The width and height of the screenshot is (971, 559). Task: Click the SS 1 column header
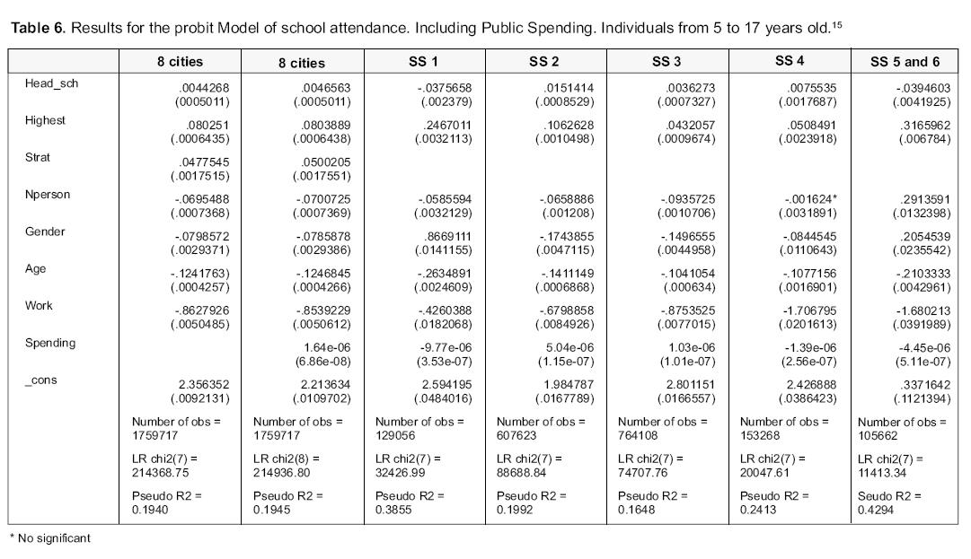click(424, 62)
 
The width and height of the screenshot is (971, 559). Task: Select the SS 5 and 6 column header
click(905, 62)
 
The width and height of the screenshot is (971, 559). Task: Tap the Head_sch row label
click(46, 83)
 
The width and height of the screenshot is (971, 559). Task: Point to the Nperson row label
click(48, 195)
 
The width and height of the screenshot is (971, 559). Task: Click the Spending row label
click(50, 343)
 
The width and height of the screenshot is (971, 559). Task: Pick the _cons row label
click(41, 380)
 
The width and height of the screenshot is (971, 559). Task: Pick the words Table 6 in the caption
click(38, 29)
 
